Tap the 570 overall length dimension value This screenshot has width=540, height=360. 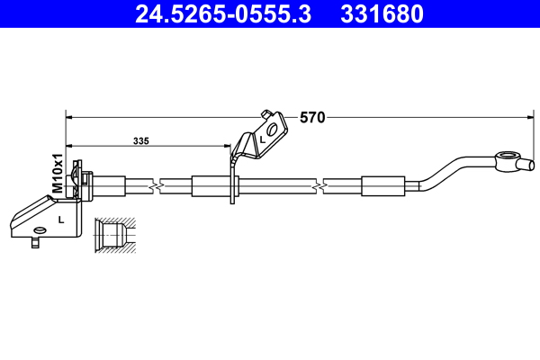click(312, 117)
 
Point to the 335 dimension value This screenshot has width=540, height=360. click(141, 141)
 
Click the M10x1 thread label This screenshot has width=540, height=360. click(56, 174)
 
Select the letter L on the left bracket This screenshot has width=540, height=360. click(60, 220)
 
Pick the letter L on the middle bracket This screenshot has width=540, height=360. click(262, 140)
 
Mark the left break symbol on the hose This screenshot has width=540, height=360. click(159, 186)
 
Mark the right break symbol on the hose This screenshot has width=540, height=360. click(319, 186)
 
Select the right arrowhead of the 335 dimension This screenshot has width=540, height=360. click(228, 146)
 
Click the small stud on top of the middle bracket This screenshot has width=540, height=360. click(265, 113)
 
